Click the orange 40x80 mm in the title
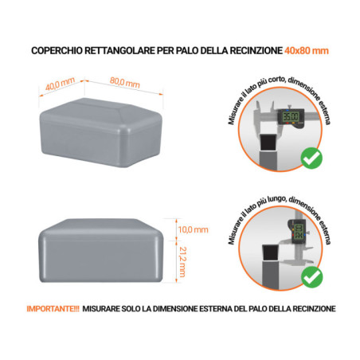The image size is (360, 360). [x=306, y=51]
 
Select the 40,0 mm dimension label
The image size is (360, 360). [x=60, y=82]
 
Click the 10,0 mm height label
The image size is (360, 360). [x=191, y=230]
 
